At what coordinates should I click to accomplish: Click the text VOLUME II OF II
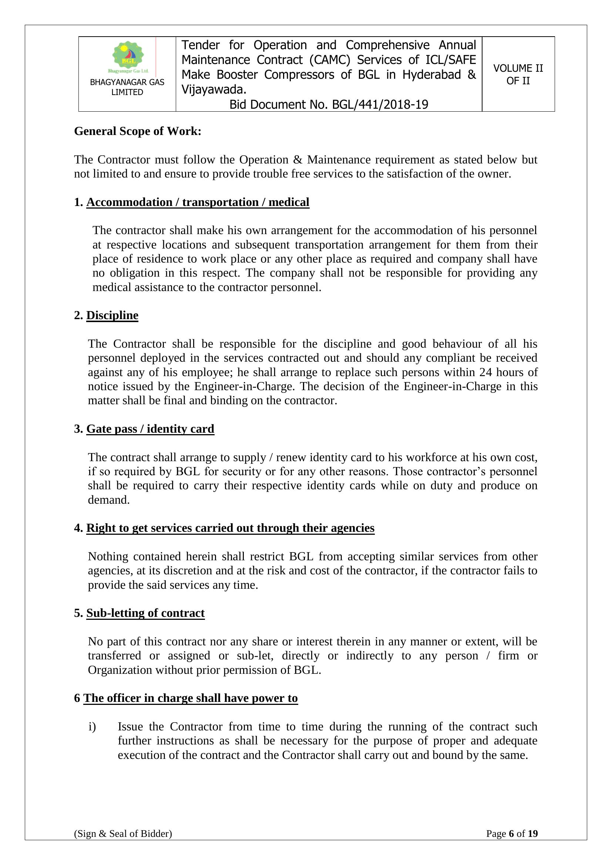click(518, 74)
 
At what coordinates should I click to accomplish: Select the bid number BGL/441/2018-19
click(380, 104)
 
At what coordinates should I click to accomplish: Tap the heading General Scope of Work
click(138, 131)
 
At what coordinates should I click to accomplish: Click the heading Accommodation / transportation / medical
click(198, 202)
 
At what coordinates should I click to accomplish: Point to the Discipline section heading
click(112, 315)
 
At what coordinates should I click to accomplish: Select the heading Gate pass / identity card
click(150, 429)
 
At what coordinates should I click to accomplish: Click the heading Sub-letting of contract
click(145, 613)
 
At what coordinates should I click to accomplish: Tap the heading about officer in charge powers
click(190, 698)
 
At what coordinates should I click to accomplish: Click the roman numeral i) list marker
click(92, 726)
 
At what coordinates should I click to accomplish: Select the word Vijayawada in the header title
click(213, 89)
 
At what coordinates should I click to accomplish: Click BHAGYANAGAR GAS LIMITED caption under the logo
click(127, 87)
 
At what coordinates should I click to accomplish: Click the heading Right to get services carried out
click(230, 528)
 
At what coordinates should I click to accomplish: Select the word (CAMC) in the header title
click(330, 60)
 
